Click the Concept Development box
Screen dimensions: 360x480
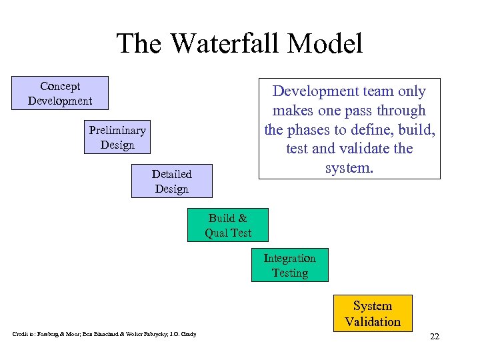tap(60, 93)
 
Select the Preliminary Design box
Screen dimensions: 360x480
tap(117, 137)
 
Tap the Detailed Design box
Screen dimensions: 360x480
tap(171, 181)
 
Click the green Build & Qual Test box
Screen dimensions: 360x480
tap(228, 225)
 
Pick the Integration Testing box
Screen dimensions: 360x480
tap(289, 265)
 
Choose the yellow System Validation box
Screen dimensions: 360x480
tap(373, 313)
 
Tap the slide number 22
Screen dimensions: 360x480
tap(435, 337)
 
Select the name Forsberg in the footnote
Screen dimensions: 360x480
tap(46, 334)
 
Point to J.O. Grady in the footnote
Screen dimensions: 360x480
tap(183, 334)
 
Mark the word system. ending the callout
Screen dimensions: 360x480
tap(349, 168)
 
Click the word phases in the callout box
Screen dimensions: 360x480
tap(310, 129)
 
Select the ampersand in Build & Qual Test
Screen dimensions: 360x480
tap(242, 218)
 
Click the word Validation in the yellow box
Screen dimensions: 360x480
tap(373, 321)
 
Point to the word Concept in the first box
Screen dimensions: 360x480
tap(60, 86)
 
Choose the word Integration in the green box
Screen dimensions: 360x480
tap(289, 258)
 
